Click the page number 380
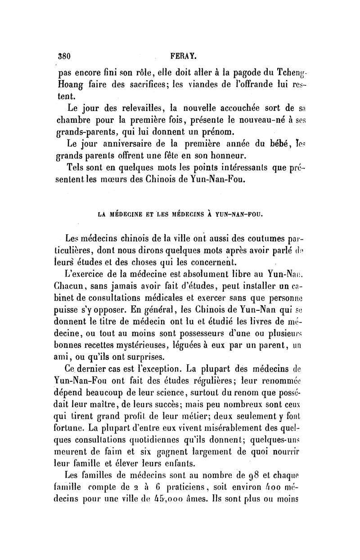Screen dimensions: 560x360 click(x=66, y=57)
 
